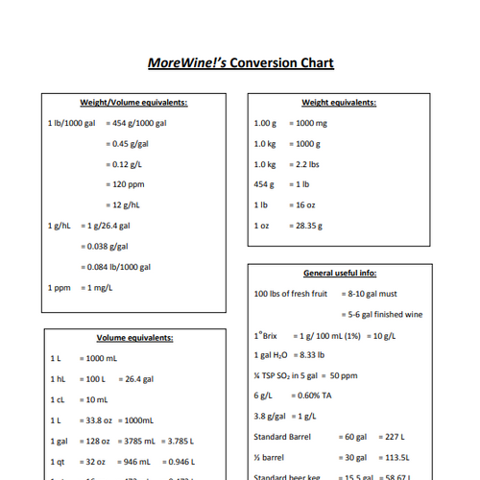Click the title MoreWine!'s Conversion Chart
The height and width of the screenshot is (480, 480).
point(240,63)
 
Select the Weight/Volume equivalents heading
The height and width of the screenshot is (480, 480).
point(133,103)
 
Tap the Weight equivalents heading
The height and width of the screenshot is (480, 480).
point(339,103)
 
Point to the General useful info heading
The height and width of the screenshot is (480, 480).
point(339,274)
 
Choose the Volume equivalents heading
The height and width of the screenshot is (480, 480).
point(134,338)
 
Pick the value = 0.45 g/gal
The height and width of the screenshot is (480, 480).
point(129,144)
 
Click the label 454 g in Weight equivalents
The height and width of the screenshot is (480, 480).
point(264,184)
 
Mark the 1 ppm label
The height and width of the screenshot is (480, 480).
point(60,287)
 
